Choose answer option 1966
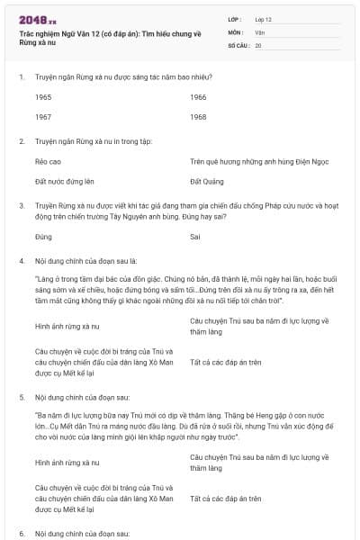(198, 96)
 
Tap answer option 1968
(198, 117)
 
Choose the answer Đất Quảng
(206, 182)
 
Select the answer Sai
(195, 238)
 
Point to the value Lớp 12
(264, 19)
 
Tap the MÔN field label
(236, 31)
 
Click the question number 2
(22, 141)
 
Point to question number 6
(22, 534)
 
